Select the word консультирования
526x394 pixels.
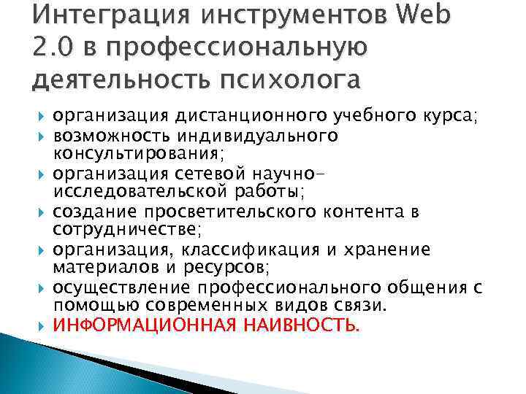click(136, 154)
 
